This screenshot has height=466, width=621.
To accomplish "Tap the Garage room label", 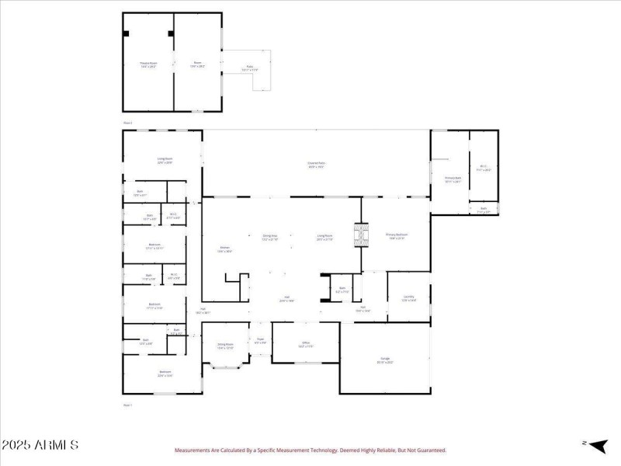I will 385,360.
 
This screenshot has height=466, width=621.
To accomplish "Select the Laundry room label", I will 409,298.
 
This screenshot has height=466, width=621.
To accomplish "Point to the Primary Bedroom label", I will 397,236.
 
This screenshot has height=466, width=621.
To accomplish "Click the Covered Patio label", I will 317,165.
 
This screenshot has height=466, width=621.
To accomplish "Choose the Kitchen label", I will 224,249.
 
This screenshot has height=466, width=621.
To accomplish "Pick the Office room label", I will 306,344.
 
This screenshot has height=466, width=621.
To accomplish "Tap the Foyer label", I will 261,340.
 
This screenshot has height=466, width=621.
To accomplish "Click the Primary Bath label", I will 453,180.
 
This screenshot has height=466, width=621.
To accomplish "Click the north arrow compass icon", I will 596,445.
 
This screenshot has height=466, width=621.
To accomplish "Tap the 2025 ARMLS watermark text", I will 40,446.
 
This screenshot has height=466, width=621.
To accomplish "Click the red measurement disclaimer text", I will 310,450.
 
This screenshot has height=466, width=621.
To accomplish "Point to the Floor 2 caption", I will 128,123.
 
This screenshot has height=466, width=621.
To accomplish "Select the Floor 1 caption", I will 128,405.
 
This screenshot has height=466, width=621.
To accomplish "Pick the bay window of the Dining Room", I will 226,364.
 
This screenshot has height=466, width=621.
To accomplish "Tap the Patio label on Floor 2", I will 250,69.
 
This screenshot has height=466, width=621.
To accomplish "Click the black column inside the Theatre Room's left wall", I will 127,33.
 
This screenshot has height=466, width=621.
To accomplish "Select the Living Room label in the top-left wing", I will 165,161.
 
